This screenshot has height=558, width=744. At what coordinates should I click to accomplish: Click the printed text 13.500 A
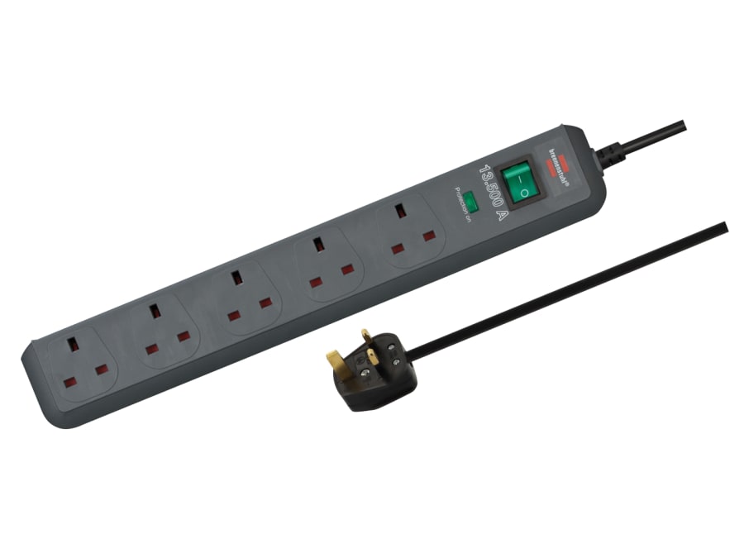[493, 190]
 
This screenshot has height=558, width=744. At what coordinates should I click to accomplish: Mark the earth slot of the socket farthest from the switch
[74, 346]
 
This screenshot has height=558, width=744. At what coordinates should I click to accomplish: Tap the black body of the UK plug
[376, 378]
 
